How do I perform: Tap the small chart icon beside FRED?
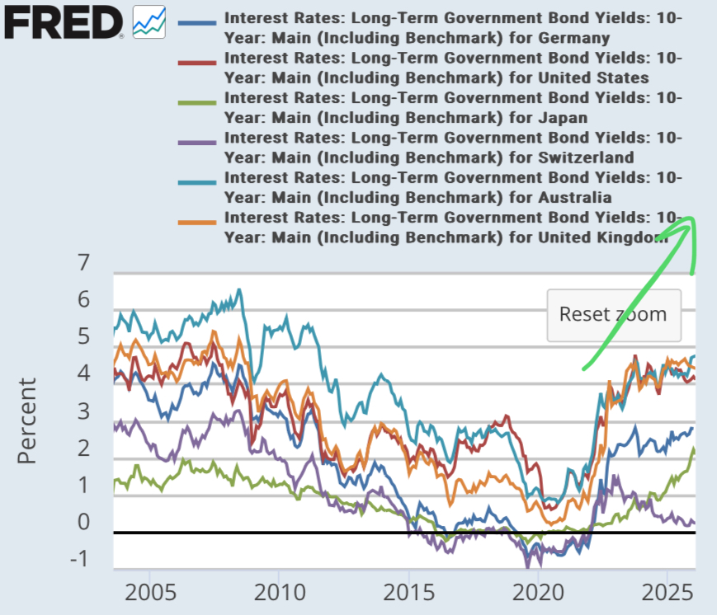tap(149, 21)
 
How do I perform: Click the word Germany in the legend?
tap(573, 38)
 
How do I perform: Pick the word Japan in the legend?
tap(563, 117)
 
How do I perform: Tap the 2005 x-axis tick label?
tap(149, 594)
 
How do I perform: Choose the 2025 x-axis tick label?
tap(666, 594)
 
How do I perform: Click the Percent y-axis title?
tap(28, 420)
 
